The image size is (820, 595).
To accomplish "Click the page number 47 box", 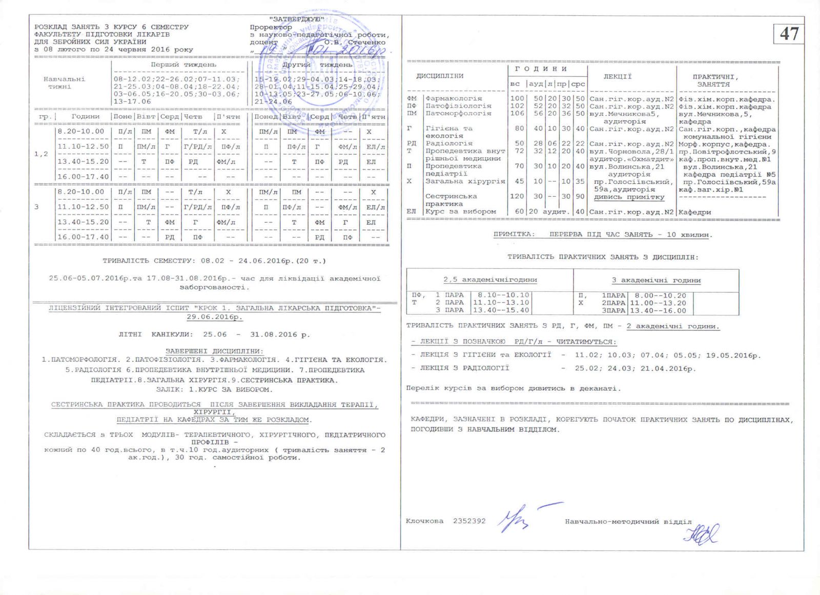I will pos(789,34).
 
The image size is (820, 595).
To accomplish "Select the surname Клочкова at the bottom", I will pos(424,521).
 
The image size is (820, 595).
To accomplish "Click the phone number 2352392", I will pos(469,521).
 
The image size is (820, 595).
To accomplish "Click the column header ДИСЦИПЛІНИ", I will pos(440,76).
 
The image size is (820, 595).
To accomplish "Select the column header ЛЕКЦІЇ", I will pos(618,76).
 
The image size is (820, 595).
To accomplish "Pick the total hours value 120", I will pos(517,196).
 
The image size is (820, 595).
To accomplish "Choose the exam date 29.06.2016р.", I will pos(214,317).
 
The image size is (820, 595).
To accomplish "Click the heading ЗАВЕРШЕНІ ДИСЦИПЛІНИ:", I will pos(214,351).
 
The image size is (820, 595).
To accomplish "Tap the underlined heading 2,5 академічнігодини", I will pos(490,280).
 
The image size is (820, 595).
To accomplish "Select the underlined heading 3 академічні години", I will pos(656,280).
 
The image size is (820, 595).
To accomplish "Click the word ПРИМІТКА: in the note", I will pos(514,235).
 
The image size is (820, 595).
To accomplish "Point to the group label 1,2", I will pos(41,154).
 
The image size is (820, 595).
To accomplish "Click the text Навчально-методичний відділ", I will pos(628,522).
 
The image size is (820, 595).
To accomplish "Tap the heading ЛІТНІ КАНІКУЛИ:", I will pos(155,334).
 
